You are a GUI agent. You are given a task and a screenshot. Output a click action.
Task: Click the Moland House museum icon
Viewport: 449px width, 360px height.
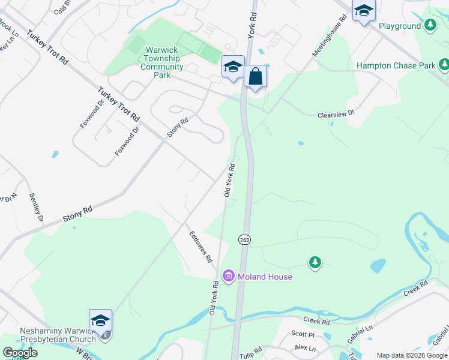[x=228, y=277]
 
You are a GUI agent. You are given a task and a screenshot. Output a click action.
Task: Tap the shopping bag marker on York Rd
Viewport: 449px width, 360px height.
[x=255, y=77]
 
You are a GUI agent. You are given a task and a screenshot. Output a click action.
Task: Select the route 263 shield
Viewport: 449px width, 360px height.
[x=244, y=239]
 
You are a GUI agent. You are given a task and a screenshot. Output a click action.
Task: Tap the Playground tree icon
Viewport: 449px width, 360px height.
[x=430, y=26]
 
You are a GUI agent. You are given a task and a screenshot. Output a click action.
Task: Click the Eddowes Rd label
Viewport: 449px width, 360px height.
[x=200, y=247]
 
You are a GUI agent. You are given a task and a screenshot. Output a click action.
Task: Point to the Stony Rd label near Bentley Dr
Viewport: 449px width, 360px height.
[x=79, y=214]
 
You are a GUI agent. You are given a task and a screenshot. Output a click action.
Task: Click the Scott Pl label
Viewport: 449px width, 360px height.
[x=303, y=334]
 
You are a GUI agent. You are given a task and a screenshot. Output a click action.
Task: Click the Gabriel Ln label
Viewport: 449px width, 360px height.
[x=360, y=334]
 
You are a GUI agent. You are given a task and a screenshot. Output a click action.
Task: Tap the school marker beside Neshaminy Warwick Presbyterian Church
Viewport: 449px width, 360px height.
[x=100, y=320]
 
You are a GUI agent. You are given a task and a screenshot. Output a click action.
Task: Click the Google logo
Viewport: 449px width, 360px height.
[x=20, y=353]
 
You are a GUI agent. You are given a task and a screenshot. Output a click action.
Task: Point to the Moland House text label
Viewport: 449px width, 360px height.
[x=264, y=277]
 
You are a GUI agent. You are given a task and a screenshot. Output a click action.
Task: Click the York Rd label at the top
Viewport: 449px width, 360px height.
[x=252, y=27]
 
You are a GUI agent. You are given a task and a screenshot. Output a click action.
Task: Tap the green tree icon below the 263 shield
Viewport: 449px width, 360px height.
[x=315, y=262]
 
